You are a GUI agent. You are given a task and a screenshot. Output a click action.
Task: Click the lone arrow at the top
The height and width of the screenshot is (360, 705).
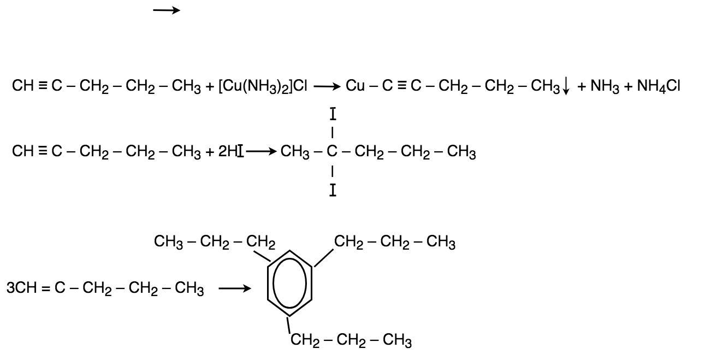pos(166,10)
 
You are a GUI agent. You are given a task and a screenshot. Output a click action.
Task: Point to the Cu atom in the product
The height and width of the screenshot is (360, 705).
pos(355,86)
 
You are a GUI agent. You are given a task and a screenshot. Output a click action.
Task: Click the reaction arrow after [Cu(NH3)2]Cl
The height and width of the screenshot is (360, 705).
pos(327,86)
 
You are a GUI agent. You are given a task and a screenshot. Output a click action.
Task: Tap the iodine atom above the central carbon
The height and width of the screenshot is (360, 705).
pos(333,115)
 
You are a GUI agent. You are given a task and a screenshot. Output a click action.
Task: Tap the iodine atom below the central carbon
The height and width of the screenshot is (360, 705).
pos(333,191)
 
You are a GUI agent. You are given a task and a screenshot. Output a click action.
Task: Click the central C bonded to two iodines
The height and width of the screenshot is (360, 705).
pos(332,152)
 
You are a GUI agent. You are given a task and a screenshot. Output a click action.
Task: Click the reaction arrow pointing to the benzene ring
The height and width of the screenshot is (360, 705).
pos(235,288)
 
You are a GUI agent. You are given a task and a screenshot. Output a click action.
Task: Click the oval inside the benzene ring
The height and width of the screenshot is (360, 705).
pos(289,285)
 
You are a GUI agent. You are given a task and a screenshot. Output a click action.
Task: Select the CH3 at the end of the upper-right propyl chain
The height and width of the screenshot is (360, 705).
pos(441,242)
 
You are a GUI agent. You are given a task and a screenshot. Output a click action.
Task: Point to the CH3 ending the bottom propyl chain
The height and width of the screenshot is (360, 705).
pos(397,341)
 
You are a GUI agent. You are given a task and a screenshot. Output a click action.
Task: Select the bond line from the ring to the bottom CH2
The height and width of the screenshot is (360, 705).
pos(289,326)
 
